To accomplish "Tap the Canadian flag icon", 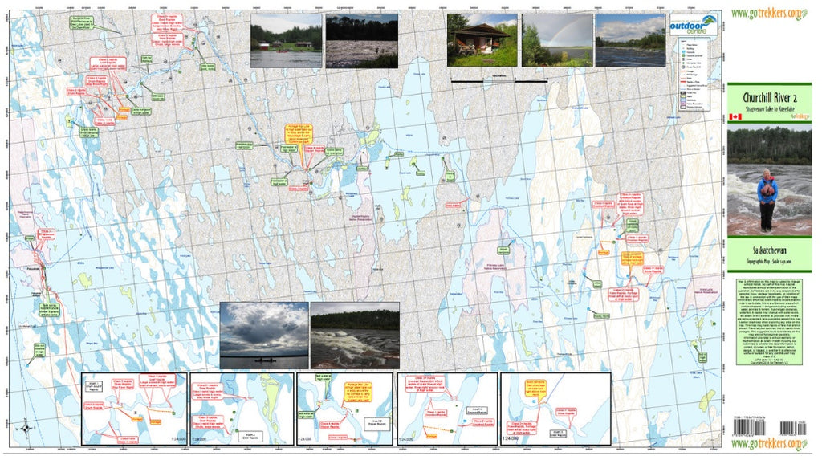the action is [734, 117].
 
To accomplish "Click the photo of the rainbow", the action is [556, 39].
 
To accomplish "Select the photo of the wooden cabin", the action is [482, 39].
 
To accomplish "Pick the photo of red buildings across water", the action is [286, 40].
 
